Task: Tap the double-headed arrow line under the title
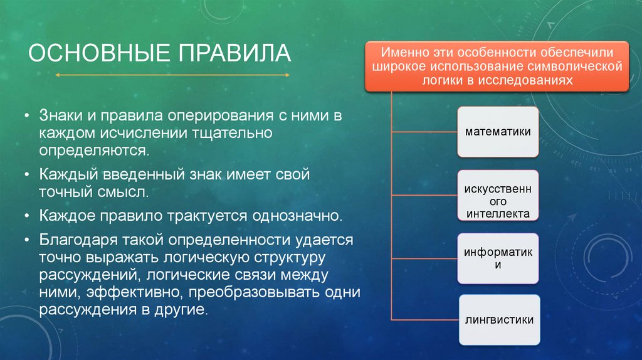tap(172, 75)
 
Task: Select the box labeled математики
tap(498, 132)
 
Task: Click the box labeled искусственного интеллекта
tap(498, 196)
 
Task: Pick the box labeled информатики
tap(498, 258)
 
